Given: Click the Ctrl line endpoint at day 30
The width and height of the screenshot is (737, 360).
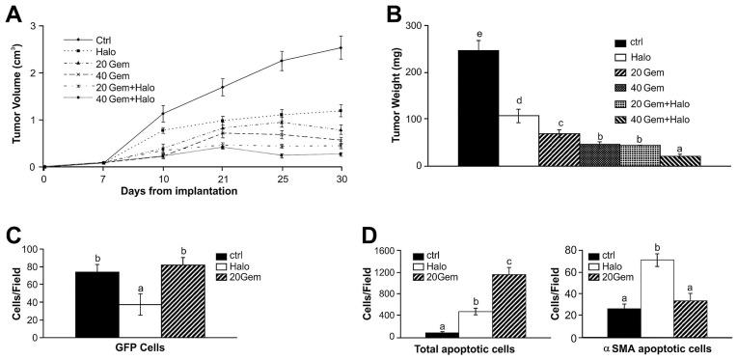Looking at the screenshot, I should pos(341,47).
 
